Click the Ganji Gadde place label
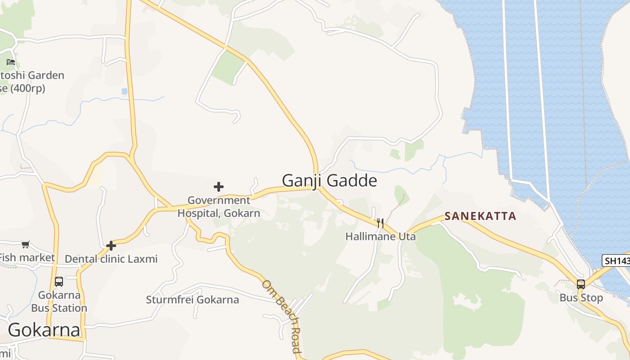(329, 180)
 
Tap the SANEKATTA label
(480, 216)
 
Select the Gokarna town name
(44, 330)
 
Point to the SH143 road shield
(615, 261)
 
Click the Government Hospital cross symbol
(219, 186)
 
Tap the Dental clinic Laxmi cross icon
(111, 246)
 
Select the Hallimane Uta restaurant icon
(380, 223)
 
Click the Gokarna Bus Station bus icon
(59, 282)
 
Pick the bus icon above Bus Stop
(581, 284)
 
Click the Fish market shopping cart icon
(26, 244)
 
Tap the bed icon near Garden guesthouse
(11, 62)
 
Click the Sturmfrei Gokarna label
(192, 300)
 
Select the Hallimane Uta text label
(380, 236)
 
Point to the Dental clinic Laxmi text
(111, 259)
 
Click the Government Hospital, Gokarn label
(219, 207)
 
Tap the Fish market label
(27, 257)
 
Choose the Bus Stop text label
(581, 298)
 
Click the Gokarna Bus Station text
(59, 301)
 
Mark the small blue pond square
(124, 91)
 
